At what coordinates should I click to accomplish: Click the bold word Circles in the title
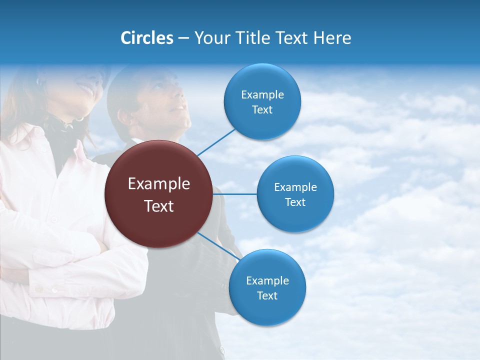(146, 38)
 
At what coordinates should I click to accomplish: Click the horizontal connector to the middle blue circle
(235, 194)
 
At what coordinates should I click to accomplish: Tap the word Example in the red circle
(159, 184)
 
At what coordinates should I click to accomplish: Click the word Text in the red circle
(159, 206)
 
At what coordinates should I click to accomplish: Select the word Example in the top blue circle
(262, 95)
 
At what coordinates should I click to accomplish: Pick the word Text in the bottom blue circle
(267, 296)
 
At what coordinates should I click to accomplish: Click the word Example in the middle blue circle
(295, 187)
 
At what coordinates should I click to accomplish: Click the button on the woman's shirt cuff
(54, 289)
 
